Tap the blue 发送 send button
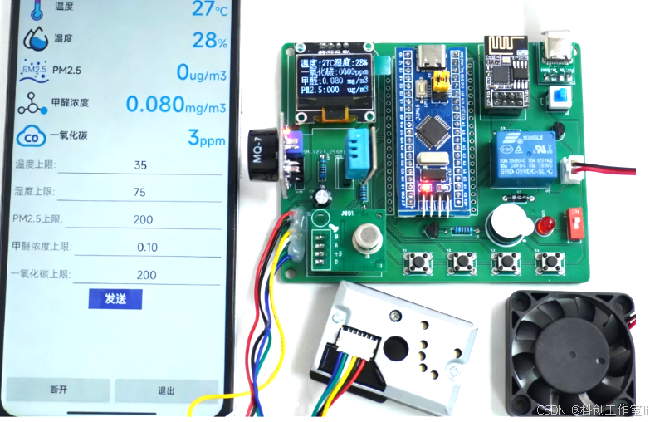pos(115,299)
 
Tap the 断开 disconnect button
pos(57,390)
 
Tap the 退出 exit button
pos(166,390)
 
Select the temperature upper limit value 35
pos(140,165)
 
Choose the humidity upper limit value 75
pos(139,193)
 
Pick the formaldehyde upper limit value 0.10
pos(146,248)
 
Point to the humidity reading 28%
pos(209,41)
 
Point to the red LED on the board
pos(545,225)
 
